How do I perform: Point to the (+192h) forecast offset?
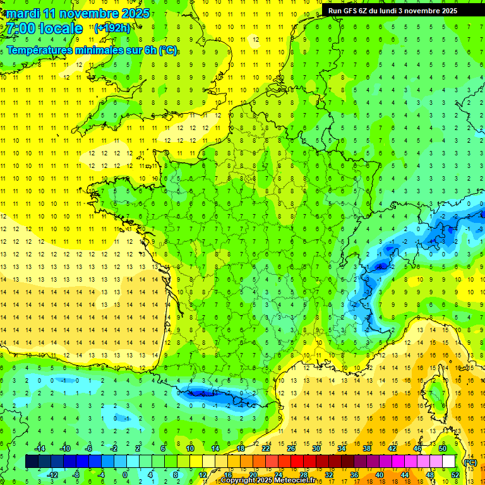pos(112,28)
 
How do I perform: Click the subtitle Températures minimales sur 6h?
pos(92,51)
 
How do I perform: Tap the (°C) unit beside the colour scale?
pos(470,462)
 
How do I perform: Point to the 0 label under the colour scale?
pos(124,475)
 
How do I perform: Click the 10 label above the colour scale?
pos(189,448)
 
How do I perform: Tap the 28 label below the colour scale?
pos(303,475)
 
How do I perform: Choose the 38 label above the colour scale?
pos(367,448)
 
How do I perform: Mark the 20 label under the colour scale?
pos(253,475)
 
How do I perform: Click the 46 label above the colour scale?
pos(417,448)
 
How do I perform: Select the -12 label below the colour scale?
pos(52,475)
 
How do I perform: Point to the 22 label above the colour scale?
pos(266,448)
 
